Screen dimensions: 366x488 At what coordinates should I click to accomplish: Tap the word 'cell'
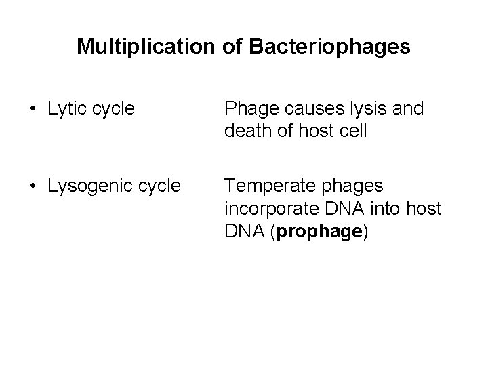pyautogui.click(x=352, y=131)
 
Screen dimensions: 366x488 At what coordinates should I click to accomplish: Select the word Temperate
pyautogui.click(x=266, y=184)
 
